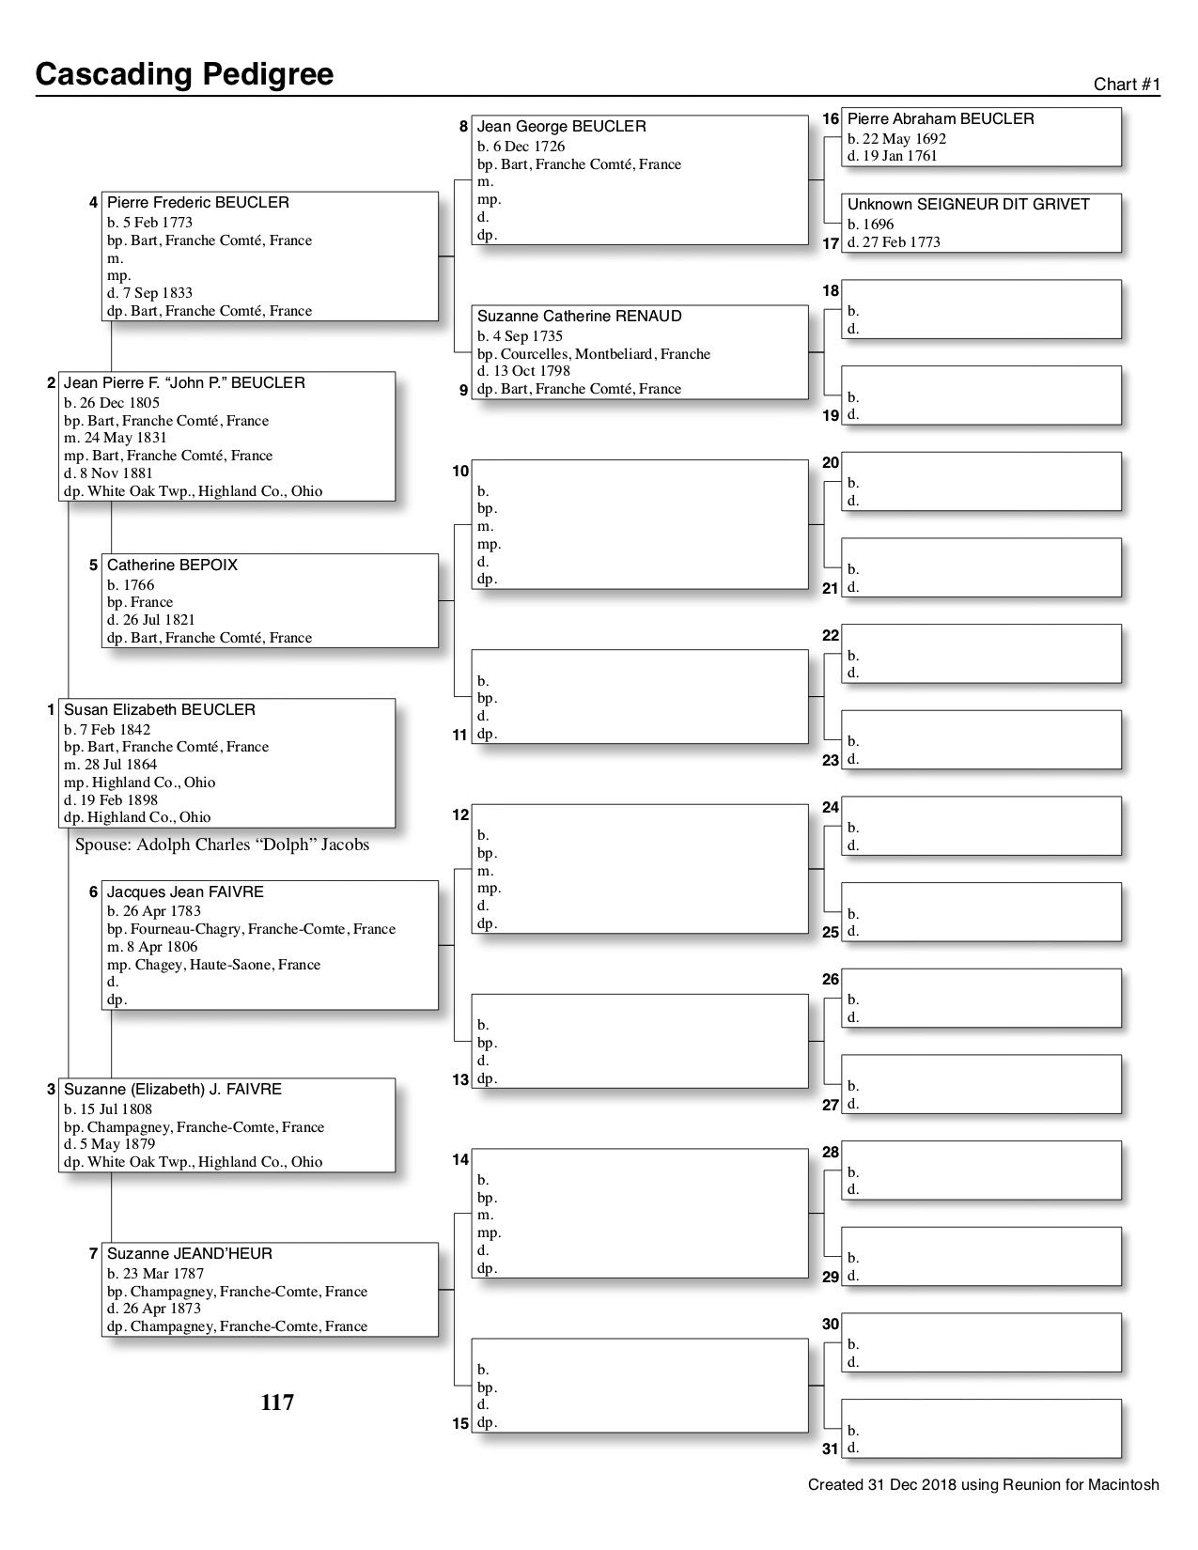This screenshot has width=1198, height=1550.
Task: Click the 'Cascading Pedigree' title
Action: pos(184,74)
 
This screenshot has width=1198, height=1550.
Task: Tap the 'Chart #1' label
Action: pos(1127,85)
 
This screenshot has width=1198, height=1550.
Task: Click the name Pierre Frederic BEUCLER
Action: pos(198,203)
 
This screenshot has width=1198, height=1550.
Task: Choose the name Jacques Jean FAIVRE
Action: pos(185,892)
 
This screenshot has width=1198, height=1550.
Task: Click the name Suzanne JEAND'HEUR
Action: pos(190,1254)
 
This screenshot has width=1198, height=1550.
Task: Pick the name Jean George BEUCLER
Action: pos(562,127)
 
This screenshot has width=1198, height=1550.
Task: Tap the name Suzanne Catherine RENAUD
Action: pos(580,317)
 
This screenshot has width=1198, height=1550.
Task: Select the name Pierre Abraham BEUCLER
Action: pos(941,119)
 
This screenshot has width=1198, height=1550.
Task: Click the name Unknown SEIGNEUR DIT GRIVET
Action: pos(969,205)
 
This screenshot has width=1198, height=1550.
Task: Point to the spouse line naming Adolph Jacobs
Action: pos(223,845)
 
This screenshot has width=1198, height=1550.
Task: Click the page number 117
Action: pos(277,1403)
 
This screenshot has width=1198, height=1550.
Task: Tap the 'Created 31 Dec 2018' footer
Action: pos(984,1485)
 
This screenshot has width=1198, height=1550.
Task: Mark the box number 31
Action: pos(830,1449)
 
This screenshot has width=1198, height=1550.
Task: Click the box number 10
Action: pos(460,472)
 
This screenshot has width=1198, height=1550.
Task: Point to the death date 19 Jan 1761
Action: pos(893,156)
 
